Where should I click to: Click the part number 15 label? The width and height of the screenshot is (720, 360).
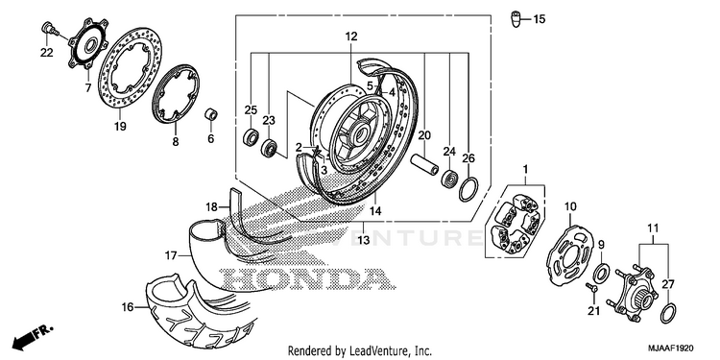click(x=540, y=19)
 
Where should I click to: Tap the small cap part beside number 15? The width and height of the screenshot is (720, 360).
click(x=516, y=19)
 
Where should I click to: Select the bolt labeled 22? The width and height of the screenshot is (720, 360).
click(x=50, y=29)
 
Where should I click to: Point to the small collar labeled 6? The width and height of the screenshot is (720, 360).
click(x=211, y=114)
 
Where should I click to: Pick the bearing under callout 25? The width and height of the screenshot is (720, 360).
click(x=251, y=136)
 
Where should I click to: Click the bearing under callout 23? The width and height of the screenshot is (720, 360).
click(x=269, y=148)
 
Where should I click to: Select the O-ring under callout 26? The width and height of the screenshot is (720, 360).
click(x=468, y=188)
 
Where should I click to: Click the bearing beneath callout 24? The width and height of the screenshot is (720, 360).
click(x=448, y=179)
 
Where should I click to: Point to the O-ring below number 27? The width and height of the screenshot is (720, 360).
click(x=667, y=313)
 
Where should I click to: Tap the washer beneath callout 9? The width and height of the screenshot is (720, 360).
click(x=600, y=274)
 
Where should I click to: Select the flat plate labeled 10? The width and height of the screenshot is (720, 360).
click(x=569, y=252)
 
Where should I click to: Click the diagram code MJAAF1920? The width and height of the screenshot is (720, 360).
click(x=671, y=348)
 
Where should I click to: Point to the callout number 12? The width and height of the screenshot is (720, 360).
click(x=351, y=36)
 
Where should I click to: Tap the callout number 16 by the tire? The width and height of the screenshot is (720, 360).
click(x=127, y=307)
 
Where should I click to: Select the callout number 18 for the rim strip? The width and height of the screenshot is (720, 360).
click(x=211, y=207)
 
